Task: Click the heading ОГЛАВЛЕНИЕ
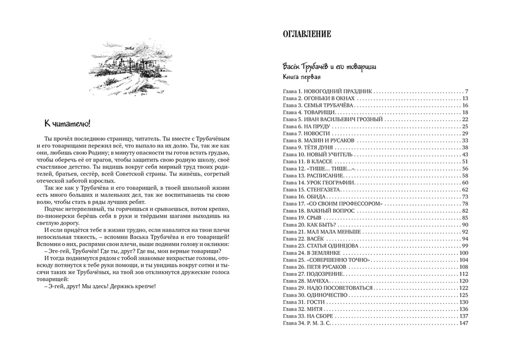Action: point(306,34)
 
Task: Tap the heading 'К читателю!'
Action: point(68,124)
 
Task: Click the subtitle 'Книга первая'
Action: point(301,77)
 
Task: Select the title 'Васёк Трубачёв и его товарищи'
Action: point(329,67)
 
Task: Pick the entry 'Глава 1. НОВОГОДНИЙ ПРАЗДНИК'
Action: point(327,91)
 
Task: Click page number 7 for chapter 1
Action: point(466,91)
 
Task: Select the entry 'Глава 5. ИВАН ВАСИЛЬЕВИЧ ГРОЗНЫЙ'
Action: point(332,119)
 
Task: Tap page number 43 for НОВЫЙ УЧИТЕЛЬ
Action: point(465,155)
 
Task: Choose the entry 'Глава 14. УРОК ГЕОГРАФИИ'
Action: point(318,183)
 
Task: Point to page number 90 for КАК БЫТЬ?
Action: point(465,225)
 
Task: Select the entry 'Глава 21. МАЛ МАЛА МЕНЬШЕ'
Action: point(321,232)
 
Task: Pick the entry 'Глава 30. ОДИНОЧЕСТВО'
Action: point(315,295)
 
